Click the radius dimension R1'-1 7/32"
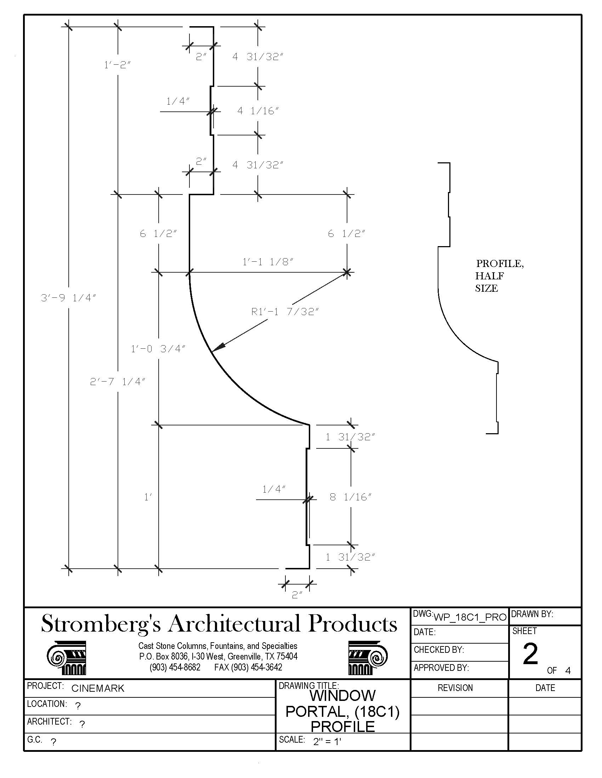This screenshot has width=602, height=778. (x=285, y=312)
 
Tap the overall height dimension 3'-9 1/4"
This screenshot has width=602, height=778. (x=68, y=298)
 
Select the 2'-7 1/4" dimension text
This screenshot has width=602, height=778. (x=118, y=382)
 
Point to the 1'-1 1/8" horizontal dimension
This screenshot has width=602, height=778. (x=267, y=262)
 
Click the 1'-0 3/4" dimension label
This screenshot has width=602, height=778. (x=158, y=349)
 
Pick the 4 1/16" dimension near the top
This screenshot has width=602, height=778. (x=258, y=111)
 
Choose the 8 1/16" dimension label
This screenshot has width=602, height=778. (x=350, y=497)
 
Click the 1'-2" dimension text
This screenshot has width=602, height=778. (x=117, y=65)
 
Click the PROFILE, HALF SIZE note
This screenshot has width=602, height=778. (x=499, y=276)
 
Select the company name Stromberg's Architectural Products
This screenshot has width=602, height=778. (x=219, y=624)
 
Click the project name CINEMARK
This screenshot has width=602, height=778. (x=98, y=688)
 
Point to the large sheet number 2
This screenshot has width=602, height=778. (x=530, y=654)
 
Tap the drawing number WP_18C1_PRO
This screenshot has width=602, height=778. (x=470, y=617)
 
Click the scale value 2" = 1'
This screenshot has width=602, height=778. (x=327, y=742)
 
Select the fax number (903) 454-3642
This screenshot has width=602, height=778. (x=248, y=667)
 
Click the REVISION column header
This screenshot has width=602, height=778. (x=455, y=688)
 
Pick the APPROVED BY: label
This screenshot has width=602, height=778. (x=441, y=668)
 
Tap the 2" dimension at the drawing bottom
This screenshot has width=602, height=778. (x=297, y=595)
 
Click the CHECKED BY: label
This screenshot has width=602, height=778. (x=439, y=650)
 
